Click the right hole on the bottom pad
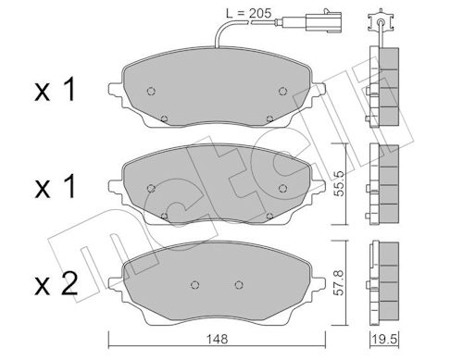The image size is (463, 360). pos(238,285)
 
